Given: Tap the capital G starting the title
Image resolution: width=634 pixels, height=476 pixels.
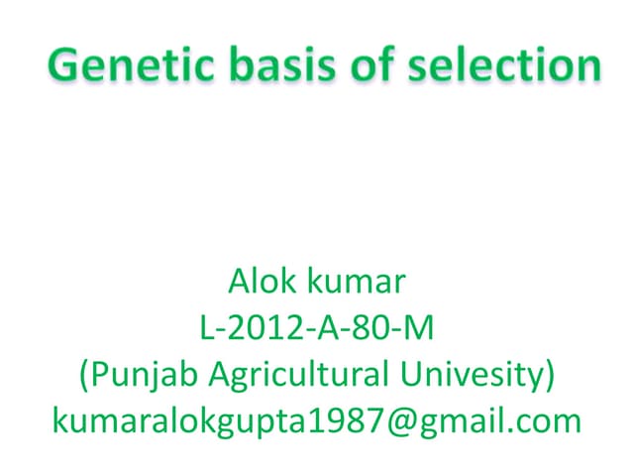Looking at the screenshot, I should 64,66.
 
